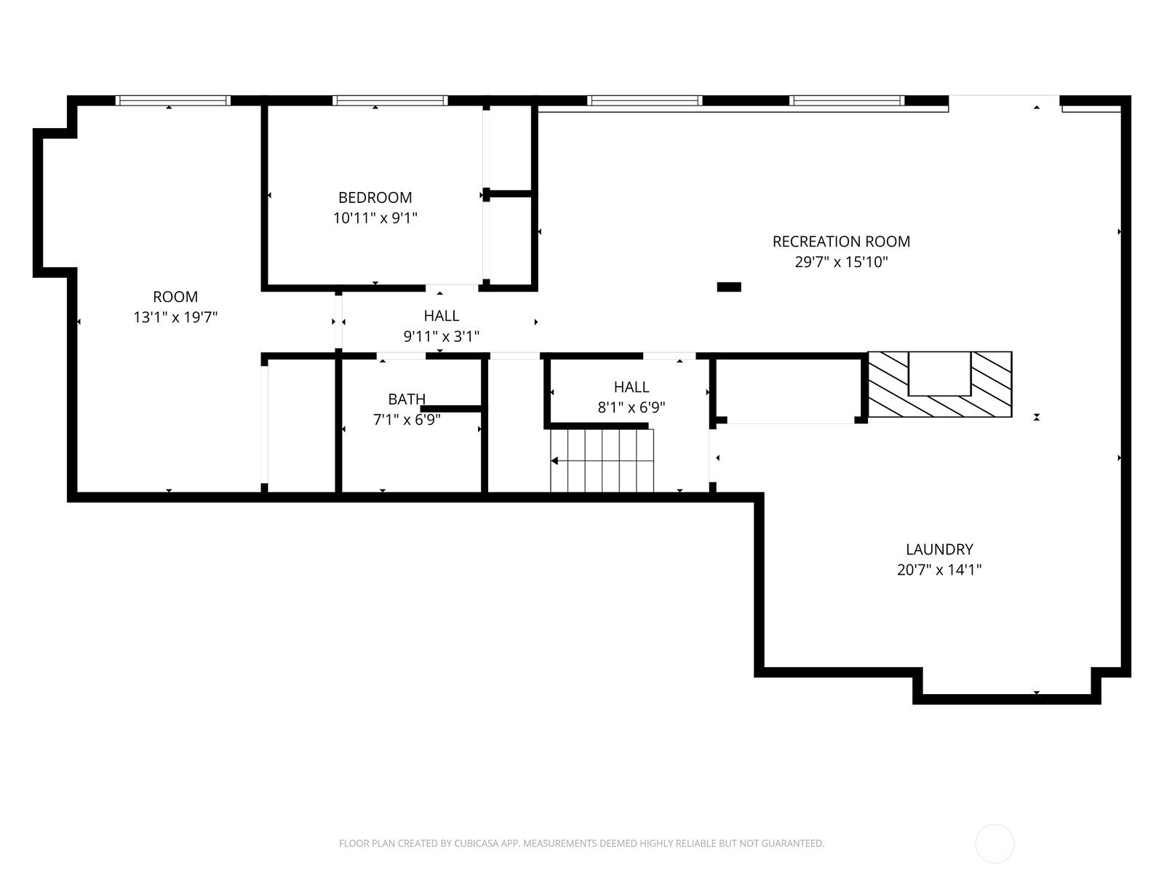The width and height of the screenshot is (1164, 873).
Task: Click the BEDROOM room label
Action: coord(375,197)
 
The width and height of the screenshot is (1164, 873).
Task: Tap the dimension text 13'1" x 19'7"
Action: coord(175,317)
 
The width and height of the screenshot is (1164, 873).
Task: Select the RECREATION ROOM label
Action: coord(841,241)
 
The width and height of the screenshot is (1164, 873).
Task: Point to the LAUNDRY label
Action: coord(939,549)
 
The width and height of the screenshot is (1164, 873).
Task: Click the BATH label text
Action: coord(406,399)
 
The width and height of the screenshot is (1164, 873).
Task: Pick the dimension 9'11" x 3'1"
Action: coord(441,336)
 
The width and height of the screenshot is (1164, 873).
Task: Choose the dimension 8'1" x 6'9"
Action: coord(631,407)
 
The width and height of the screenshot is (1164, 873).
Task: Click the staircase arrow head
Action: coord(554,461)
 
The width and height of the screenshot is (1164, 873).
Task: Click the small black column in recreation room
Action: coord(729,287)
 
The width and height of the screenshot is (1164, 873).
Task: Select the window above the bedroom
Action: coord(389,100)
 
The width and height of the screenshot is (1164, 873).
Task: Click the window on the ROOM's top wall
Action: coord(173,100)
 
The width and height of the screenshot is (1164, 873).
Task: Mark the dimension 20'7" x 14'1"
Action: coord(939,570)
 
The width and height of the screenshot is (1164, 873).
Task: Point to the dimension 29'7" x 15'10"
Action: coord(841,262)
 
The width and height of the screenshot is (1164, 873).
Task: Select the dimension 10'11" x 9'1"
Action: coord(375,218)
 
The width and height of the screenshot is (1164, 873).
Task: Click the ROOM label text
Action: coord(175,297)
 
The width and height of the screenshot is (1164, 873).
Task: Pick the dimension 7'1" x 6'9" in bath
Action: coord(406,420)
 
